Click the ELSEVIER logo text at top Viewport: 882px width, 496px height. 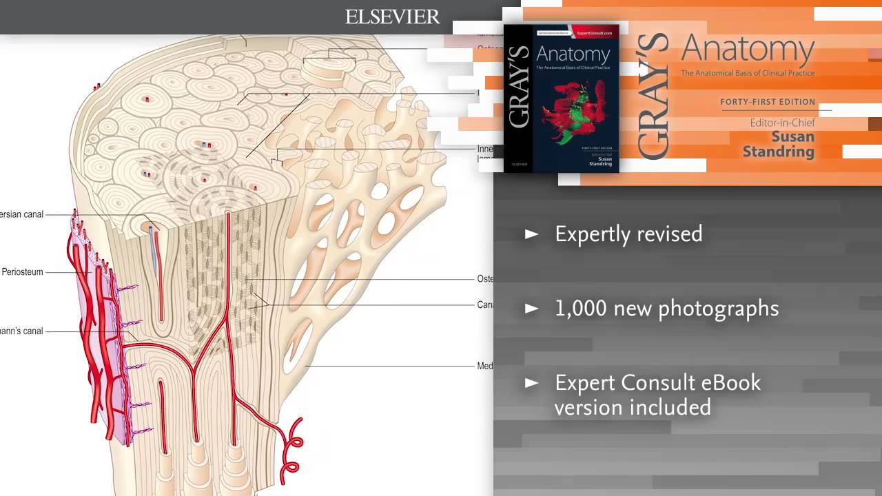(392, 17)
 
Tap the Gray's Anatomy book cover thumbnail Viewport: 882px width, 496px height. (561, 98)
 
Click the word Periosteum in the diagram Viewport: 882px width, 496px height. (22, 272)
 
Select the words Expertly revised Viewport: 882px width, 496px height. (628, 234)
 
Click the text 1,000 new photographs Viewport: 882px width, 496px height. (666, 309)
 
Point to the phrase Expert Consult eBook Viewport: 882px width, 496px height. (657, 382)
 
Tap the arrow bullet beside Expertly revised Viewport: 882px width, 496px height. (531, 234)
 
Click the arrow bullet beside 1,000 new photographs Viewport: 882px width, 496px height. (531, 309)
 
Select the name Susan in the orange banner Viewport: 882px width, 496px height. (792, 136)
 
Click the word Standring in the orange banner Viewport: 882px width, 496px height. (778, 152)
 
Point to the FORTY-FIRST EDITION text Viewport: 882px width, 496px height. (768, 102)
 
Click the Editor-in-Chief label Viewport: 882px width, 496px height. (782, 123)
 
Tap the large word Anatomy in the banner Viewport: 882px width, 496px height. (748, 50)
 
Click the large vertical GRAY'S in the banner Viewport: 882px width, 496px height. (653, 96)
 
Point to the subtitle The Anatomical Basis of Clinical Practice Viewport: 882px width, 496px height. (748, 73)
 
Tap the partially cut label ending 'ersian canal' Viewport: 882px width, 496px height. (22, 214)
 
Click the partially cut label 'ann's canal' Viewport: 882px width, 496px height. (22, 331)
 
